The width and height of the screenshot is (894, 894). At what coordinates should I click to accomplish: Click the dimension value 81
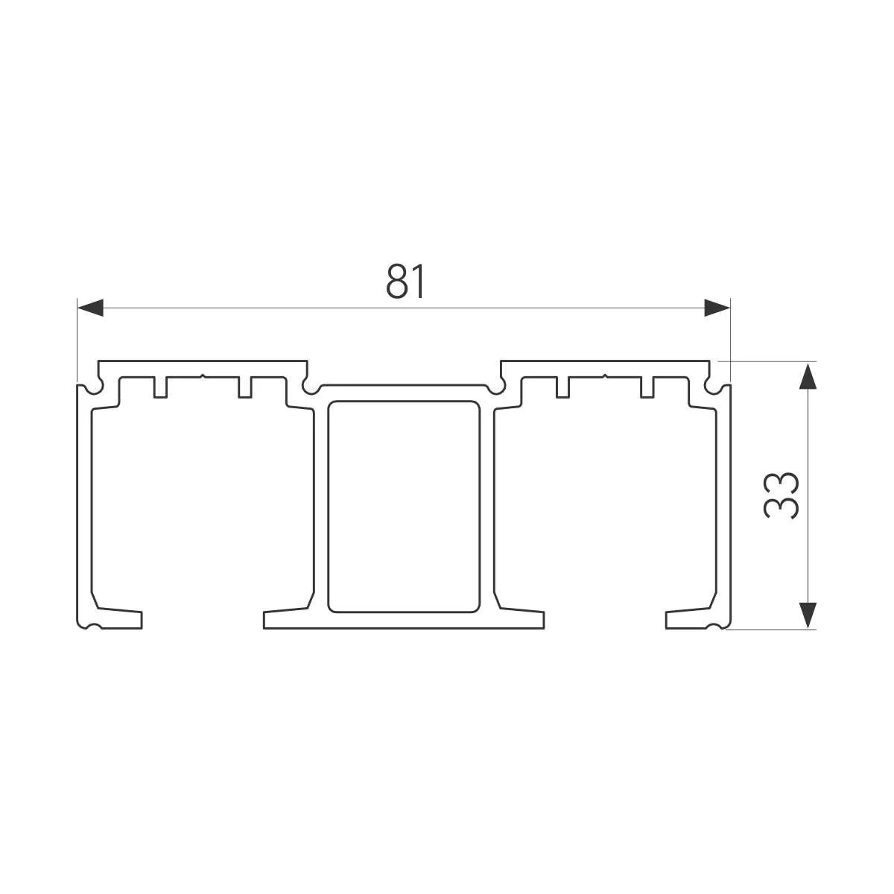coord(405,281)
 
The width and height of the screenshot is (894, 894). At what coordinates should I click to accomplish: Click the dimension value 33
coord(781,495)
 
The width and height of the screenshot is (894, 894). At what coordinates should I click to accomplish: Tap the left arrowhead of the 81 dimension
coord(90,308)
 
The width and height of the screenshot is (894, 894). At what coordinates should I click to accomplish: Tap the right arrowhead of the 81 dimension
coord(717,308)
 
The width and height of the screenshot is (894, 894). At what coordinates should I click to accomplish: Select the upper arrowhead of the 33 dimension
coord(808,376)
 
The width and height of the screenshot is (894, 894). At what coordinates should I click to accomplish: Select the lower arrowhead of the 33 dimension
coord(808,615)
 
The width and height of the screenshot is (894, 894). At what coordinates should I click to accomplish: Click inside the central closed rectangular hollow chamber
coord(404,507)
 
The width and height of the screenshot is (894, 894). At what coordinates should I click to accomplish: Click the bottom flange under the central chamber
coord(404,621)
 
